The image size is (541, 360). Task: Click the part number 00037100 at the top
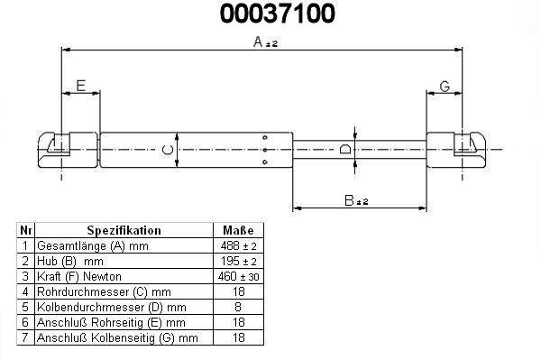(x=278, y=14)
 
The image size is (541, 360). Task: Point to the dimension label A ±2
(x=265, y=42)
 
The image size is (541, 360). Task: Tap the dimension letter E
(x=81, y=86)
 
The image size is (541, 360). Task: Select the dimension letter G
(x=445, y=87)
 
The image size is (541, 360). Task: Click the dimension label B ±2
(x=356, y=200)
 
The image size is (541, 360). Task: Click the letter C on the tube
(x=168, y=150)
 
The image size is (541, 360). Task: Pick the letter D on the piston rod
(x=345, y=149)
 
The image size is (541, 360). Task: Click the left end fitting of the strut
(x=68, y=150)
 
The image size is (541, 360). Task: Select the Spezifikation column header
(x=124, y=230)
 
